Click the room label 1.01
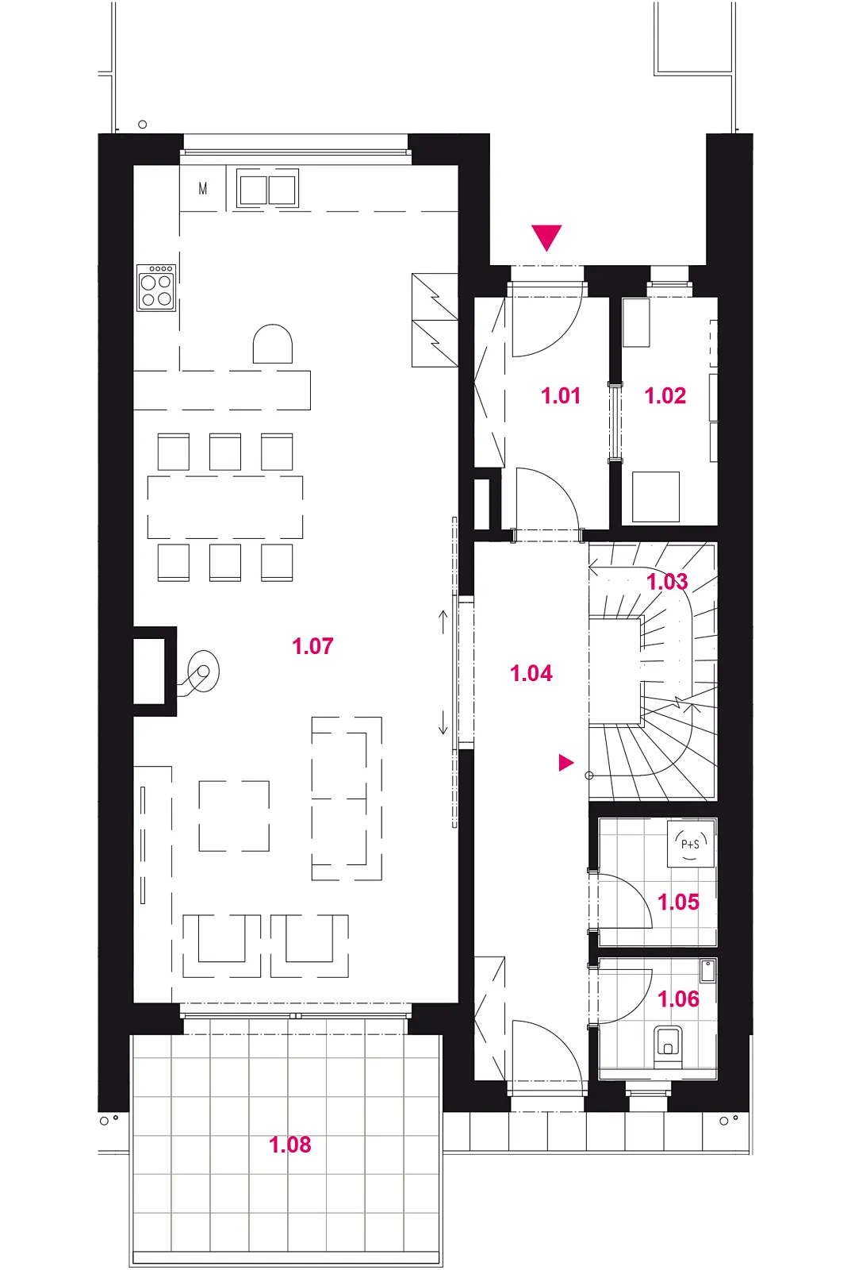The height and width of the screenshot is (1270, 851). (561, 396)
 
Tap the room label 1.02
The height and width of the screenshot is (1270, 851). (665, 396)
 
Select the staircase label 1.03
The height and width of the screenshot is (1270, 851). (667, 582)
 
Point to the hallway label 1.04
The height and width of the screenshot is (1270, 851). (531, 674)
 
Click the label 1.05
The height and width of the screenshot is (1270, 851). (678, 902)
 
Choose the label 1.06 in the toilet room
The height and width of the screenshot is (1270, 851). (678, 999)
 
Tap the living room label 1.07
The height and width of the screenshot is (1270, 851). (312, 646)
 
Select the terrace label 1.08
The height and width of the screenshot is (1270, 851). (290, 1145)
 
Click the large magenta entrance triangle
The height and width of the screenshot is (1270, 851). (546, 237)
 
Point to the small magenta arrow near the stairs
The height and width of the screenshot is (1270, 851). (566, 763)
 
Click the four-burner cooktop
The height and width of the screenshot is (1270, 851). (156, 287)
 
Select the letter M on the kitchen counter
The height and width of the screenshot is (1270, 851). (203, 188)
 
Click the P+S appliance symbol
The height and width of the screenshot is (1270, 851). (691, 845)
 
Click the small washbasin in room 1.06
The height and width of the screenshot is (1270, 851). (707, 972)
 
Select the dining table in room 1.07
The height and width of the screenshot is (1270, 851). (225, 507)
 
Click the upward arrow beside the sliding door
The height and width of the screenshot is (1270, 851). (443, 622)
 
